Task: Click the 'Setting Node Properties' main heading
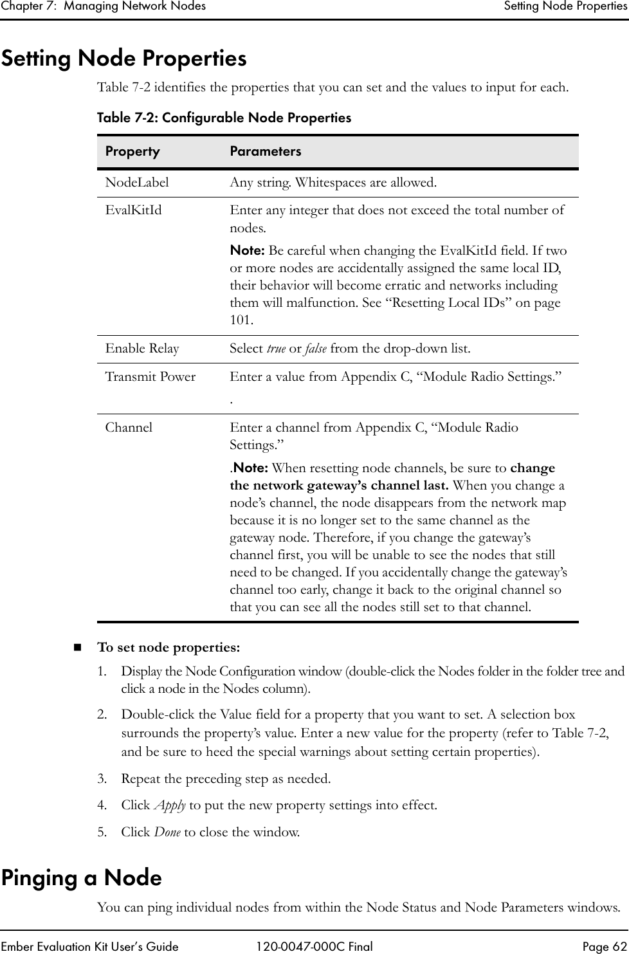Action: [123, 59]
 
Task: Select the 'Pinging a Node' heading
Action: [81, 877]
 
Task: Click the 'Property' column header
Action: [132, 151]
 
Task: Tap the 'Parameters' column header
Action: [265, 151]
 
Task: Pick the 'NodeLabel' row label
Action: [137, 183]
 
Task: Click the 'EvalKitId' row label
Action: [134, 210]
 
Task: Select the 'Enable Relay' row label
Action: [142, 349]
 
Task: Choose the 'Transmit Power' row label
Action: [150, 377]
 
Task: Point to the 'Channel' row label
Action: [129, 427]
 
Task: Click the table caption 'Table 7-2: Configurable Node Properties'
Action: [224, 118]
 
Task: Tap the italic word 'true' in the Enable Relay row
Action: [276, 349]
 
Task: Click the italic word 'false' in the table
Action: [315, 349]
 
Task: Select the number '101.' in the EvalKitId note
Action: [241, 320]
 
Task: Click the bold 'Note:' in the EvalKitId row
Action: [248, 250]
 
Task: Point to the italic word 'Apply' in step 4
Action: [169, 805]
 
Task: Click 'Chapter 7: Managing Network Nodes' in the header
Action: [103, 6]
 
